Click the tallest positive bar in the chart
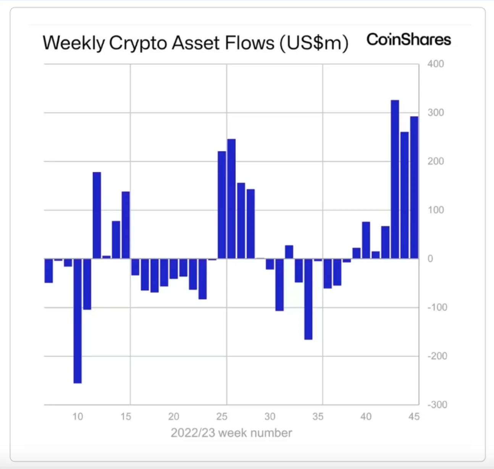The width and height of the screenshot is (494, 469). [x=395, y=180]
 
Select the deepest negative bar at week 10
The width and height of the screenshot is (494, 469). [x=77, y=321]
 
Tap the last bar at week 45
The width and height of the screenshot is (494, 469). [x=414, y=187]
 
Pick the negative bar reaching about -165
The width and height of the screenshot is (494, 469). [x=308, y=299]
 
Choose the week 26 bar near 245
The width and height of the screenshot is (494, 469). [x=231, y=199]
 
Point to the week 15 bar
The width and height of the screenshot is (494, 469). [x=126, y=225]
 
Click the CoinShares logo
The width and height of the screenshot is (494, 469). [x=408, y=40]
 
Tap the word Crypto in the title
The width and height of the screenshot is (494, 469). [x=138, y=43]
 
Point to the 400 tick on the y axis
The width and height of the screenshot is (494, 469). [x=436, y=64]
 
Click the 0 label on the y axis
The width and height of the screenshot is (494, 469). [x=430, y=259]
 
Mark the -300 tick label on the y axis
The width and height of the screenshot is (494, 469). [x=437, y=404]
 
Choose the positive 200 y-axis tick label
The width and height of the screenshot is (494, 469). [x=436, y=161]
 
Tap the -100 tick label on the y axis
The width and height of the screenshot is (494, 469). [x=437, y=307]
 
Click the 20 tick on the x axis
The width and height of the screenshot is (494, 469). [x=174, y=416]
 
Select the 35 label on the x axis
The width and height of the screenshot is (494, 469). [x=318, y=416]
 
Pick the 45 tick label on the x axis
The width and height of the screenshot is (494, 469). [x=414, y=416]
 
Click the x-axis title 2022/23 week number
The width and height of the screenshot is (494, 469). [x=231, y=433]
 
